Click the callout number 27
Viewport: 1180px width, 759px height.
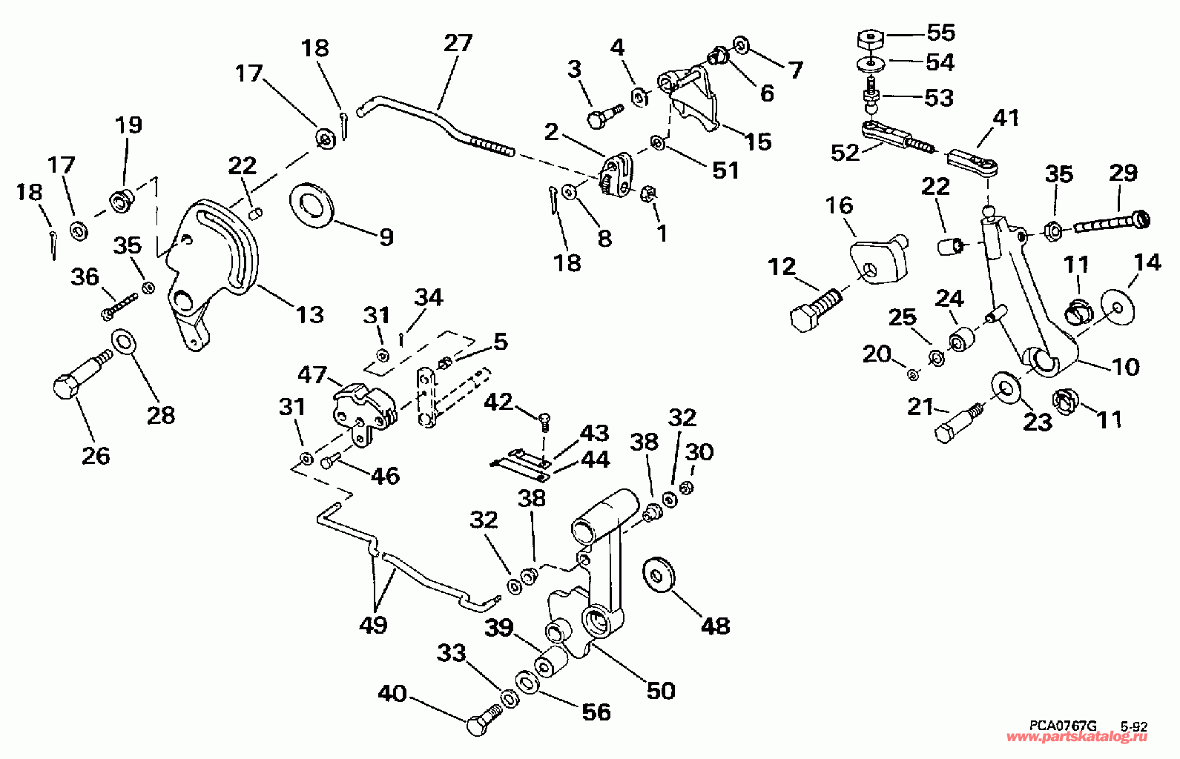coord(458,43)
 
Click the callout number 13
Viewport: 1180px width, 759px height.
coord(310,314)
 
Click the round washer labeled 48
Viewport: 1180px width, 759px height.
coord(656,573)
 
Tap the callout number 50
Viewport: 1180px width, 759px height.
coord(660,690)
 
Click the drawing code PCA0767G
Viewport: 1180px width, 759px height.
coord(1061,728)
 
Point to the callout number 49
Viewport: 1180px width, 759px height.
coord(373,625)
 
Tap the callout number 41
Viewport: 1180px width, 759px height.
coord(1006,118)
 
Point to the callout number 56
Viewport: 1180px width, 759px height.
coord(596,712)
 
